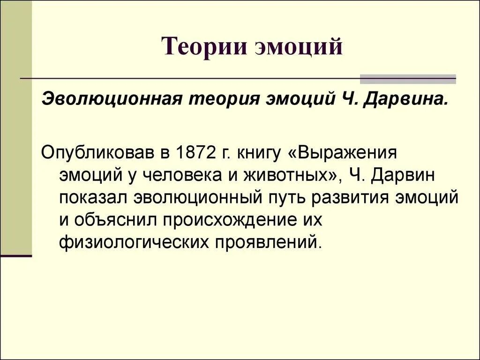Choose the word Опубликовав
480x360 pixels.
coord(99,153)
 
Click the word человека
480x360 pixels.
coord(184,175)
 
